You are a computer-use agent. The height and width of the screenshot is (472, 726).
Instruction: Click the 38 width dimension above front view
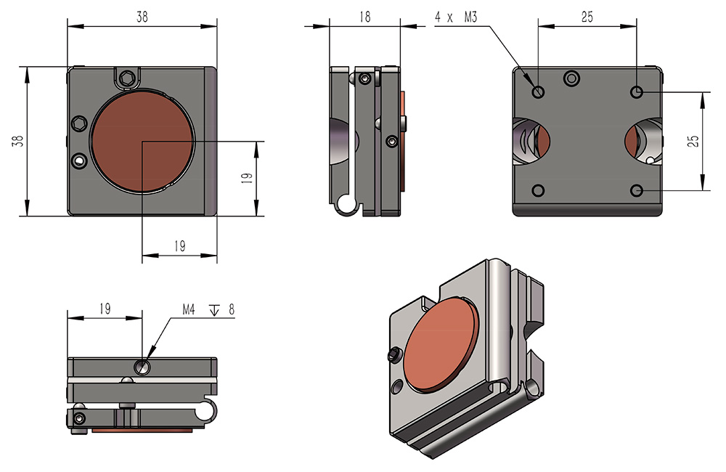click(x=142, y=17)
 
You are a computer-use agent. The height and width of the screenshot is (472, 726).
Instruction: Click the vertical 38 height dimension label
click(x=18, y=141)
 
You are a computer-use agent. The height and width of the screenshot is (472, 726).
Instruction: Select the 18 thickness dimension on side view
click(x=365, y=17)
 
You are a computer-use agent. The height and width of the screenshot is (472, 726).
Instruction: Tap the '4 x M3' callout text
click(x=456, y=17)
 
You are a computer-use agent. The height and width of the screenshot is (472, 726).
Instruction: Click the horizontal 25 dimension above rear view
click(x=587, y=17)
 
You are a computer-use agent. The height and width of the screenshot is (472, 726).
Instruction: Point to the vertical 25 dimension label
click(x=693, y=142)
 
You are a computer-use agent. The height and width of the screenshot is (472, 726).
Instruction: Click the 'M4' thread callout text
click(x=189, y=309)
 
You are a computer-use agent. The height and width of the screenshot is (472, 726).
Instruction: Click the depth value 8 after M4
click(x=232, y=309)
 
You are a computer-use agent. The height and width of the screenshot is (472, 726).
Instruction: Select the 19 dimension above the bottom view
click(x=105, y=309)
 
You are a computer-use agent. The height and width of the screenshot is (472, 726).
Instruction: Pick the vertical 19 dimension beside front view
click(x=248, y=177)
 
